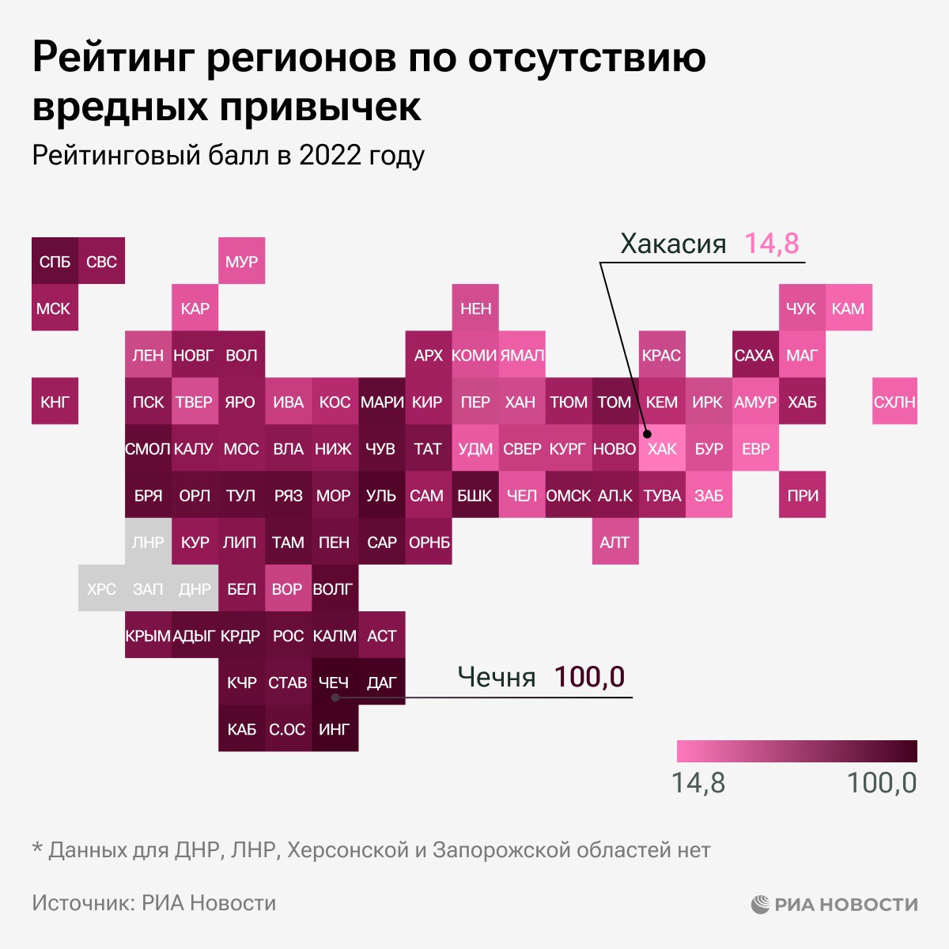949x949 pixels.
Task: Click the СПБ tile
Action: click(x=55, y=261)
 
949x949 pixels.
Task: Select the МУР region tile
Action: click(x=241, y=261)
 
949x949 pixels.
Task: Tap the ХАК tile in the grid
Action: click(x=662, y=448)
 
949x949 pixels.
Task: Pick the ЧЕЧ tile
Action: click(x=334, y=682)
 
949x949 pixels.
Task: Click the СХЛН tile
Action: click(x=895, y=402)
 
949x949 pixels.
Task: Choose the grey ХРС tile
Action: click(x=101, y=588)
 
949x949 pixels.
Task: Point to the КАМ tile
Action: click(x=849, y=308)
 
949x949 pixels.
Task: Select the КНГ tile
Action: click(x=55, y=402)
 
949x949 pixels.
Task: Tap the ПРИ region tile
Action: click(x=802, y=495)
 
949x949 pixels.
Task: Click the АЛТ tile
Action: click(x=615, y=542)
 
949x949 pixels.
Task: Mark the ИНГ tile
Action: click(x=334, y=728)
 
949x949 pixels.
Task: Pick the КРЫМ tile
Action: click(x=148, y=635)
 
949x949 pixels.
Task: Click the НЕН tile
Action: click(x=475, y=308)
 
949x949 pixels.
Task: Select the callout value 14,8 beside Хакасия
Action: click(x=772, y=243)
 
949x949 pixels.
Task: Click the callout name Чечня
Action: click(x=497, y=678)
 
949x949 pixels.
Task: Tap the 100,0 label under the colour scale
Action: click(x=881, y=783)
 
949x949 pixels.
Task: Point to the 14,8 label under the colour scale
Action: click(x=698, y=783)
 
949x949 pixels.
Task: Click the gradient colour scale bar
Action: click(x=796, y=751)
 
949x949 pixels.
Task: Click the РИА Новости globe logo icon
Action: click(x=761, y=904)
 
